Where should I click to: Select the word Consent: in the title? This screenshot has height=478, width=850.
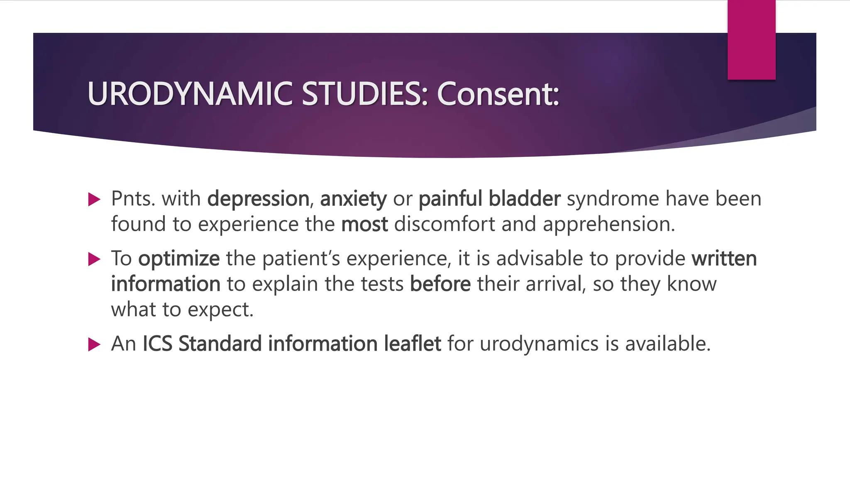click(498, 94)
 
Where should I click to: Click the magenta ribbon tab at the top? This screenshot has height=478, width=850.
click(751, 40)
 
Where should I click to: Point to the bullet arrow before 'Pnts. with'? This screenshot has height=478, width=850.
click(95, 200)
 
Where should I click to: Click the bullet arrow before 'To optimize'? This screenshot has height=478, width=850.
click(95, 260)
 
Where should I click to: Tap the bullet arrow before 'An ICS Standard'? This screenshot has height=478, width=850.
click(95, 344)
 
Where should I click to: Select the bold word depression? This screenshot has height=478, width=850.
click(258, 199)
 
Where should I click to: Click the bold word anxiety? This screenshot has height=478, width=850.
click(353, 199)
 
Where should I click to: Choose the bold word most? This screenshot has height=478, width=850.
click(364, 224)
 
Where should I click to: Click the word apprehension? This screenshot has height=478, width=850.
click(608, 225)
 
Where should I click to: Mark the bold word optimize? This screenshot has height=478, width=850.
click(179, 259)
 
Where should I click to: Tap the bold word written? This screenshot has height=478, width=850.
click(724, 259)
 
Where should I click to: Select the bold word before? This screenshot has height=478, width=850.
click(440, 284)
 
